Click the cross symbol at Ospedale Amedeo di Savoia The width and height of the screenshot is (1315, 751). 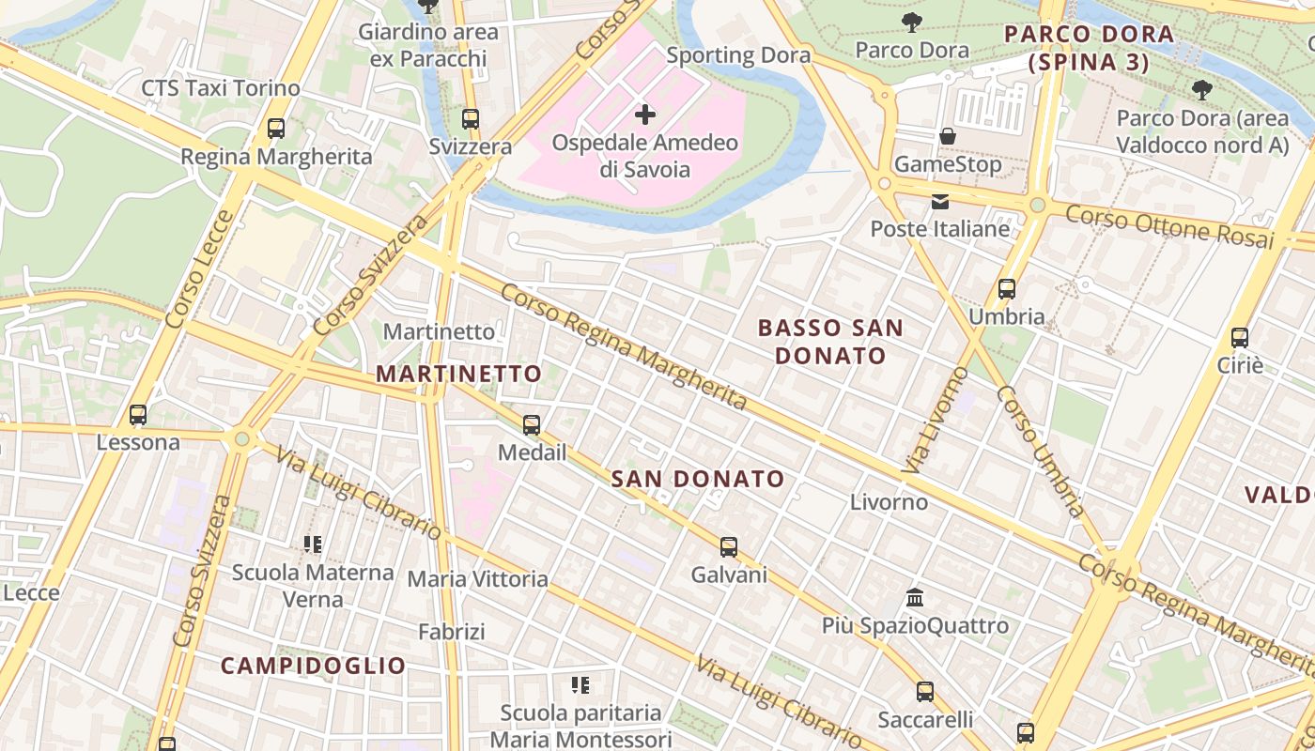(x=645, y=115)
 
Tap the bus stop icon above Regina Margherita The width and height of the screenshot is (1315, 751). (x=276, y=129)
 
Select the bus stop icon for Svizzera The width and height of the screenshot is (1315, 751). (x=471, y=119)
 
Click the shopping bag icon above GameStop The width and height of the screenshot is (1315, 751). (x=948, y=136)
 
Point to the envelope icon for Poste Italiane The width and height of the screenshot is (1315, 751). (x=940, y=201)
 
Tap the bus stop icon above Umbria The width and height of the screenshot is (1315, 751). (x=1007, y=289)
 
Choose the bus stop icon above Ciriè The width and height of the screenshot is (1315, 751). (x=1240, y=338)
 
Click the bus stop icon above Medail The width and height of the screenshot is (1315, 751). (x=532, y=425)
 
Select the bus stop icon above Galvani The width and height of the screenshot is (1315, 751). (x=729, y=547)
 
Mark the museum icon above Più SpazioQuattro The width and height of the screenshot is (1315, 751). (x=915, y=597)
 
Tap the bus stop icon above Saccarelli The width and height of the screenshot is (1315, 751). (x=925, y=692)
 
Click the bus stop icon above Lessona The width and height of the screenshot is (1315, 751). (x=138, y=414)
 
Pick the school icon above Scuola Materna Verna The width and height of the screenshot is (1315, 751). (x=313, y=544)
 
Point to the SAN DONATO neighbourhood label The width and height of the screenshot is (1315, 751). (x=698, y=479)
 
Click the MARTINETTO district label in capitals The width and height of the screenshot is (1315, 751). (x=459, y=374)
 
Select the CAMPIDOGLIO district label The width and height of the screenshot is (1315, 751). (x=313, y=666)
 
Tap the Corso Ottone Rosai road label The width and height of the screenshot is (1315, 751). (x=1170, y=226)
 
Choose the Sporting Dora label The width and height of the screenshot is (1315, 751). (x=738, y=55)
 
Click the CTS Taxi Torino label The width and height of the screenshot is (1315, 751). (x=221, y=88)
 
